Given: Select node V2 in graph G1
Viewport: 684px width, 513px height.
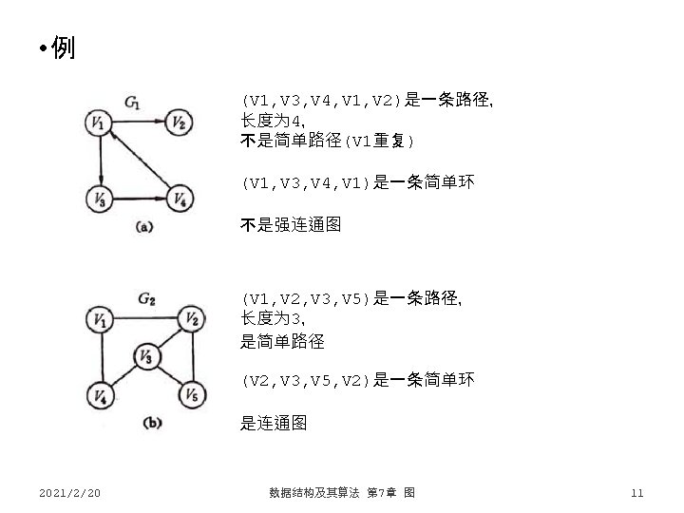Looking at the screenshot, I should click(181, 122).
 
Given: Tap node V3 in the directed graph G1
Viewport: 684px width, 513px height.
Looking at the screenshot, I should click(98, 198).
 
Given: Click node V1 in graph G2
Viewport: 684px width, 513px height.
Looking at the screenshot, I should click(98, 320).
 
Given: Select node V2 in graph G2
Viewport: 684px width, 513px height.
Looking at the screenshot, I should click(191, 318).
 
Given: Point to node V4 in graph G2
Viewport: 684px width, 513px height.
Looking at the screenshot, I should click(98, 393).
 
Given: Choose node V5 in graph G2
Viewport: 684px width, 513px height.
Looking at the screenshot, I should click(191, 393).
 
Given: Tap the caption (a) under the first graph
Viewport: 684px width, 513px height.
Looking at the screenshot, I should click(144, 225).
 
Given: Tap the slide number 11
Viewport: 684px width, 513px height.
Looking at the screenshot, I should click(636, 492).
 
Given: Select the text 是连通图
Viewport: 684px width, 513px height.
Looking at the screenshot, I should click(274, 424).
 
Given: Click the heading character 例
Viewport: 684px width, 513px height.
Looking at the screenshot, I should click(63, 47).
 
